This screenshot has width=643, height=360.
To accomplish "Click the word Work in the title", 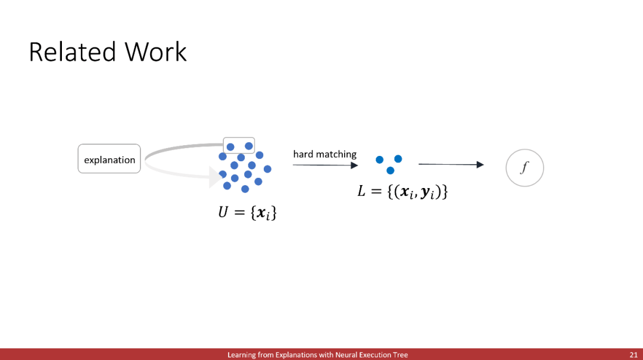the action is pyautogui.click(x=156, y=52).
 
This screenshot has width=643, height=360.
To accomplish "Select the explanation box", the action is pyautogui.click(x=109, y=159).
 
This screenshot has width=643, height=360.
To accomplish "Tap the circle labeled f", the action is pyautogui.click(x=525, y=168).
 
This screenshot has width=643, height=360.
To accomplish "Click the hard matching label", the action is pyautogui.click(x=325, y=154).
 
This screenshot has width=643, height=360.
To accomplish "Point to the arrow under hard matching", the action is pyautogui.click(x=326, y=165).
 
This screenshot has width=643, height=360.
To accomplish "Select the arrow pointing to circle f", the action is pyautogui.click(x=451, y=164).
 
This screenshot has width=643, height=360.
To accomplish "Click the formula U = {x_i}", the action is pyautogui.click(x=247, y=212).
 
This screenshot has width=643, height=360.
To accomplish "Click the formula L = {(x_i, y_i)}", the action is pyautogui.click(x=402, y=192).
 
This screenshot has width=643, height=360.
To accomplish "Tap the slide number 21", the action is pyautogui.click(x=633, y=355).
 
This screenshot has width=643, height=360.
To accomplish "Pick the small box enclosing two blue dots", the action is pyautogui.click(x=239, y=146).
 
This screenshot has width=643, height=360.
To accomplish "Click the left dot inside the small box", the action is pyautogui.click(x=230, y=147).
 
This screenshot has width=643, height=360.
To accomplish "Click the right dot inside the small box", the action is pyautogui.click(x=248, y=146).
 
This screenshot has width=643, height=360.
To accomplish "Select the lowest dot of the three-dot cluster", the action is pyautogui.click(x=391, y=170).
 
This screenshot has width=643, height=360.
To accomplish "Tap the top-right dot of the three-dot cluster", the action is pyautogui.click(x=398, y=159).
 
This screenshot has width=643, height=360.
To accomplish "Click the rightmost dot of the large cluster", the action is pyautogui.click(x=267, y=169).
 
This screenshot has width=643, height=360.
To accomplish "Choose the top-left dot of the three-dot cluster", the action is pyautogui.click(x=380, y=159).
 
